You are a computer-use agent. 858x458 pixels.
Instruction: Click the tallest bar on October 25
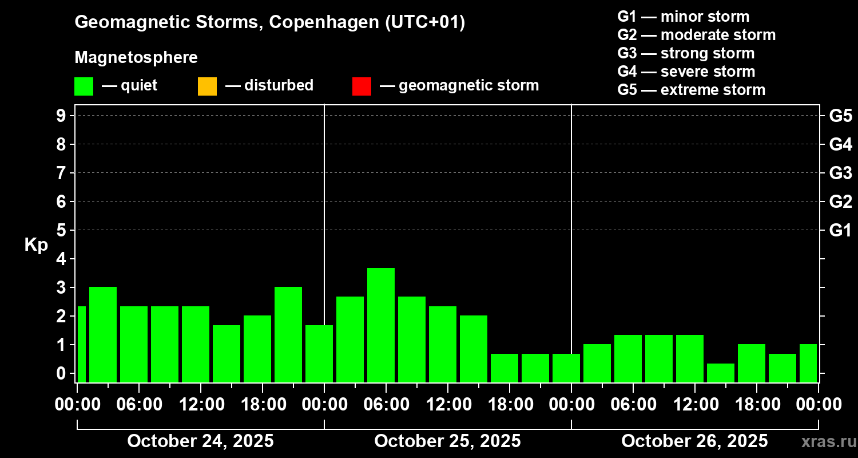click(x=381, y=324)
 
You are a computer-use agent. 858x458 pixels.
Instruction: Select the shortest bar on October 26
click(x=721, y=372)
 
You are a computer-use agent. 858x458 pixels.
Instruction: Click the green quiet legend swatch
click(x=84, y=86)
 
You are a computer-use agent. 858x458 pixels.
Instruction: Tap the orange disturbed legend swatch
click(x=207, y=86)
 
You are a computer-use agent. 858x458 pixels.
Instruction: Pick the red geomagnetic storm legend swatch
click(x=362, y=86)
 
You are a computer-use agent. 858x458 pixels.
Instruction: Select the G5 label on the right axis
click(x=840, y=116)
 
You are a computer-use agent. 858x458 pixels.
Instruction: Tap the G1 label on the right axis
click(x=840, y=231)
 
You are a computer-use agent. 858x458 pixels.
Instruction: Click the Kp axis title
click(x=36, y=245)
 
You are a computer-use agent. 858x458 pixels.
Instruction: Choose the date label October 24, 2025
click(x=200, y=441)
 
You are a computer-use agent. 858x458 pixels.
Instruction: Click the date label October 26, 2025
click(x=694, y=441)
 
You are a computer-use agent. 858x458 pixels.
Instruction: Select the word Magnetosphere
click(x=136, y=58)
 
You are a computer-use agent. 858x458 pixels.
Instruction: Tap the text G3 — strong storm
click(x=686, y=53)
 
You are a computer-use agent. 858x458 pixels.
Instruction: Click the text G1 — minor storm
click(x=683, y=17)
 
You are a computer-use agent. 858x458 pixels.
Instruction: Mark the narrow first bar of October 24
click(x=81, y=343)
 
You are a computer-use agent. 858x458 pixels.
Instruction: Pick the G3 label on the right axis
click(x=840, y=173)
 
